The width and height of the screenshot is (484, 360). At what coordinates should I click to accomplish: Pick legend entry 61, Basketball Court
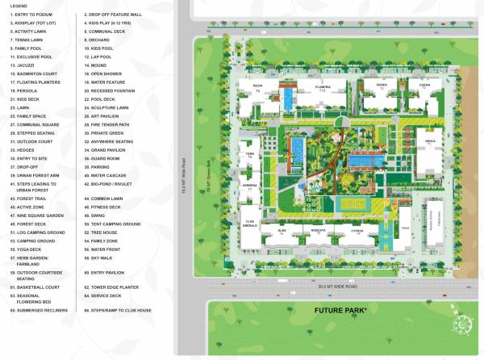click(x=35, y=287)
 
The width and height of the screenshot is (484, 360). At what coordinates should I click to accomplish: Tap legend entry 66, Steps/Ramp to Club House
click(x=121, y=310)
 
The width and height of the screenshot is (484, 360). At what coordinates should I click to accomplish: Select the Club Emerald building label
click(x=249, y=223)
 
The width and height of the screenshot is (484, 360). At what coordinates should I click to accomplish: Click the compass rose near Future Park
click(x=464, y=324)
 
